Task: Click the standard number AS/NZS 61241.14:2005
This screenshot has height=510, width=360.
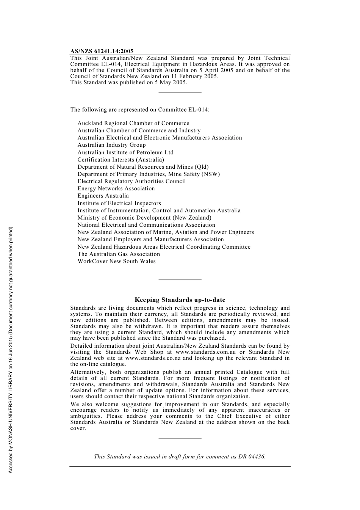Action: (102, 51)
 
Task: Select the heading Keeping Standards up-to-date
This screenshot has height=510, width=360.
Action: (180, 300)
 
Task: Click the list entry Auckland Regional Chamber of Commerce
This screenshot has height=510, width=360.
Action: (133, 123)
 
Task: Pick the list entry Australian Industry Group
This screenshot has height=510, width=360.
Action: (111, 145)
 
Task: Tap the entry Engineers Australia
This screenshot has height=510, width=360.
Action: (103, 196)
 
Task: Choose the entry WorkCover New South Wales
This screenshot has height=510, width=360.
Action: (116, 261)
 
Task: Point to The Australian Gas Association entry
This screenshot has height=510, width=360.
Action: (119, 254)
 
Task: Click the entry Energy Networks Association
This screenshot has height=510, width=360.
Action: (116, 188)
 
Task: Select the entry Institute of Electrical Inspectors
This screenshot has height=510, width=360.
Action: (119, 203)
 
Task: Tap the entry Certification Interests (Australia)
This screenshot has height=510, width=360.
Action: (121, 160)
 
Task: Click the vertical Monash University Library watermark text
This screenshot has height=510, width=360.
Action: (11, 350)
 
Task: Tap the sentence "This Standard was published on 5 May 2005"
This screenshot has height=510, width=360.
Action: (128, 82)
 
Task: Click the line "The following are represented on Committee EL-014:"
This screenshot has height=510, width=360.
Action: (140, 110)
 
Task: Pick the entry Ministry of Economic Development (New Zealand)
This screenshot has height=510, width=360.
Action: (144, 218)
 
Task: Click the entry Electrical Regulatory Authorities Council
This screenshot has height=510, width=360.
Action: (131, 181)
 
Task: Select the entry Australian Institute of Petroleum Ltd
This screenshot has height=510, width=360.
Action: (125, 152)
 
